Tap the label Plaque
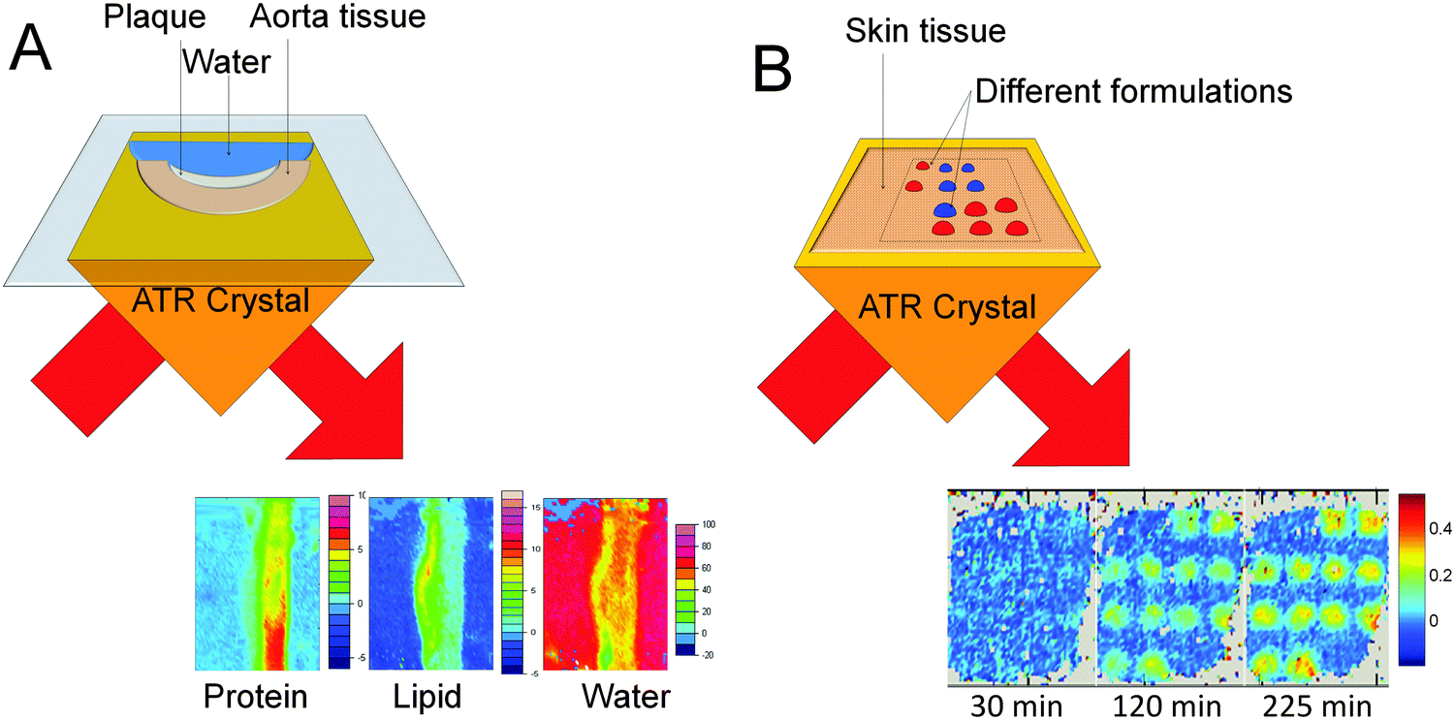point(144,16)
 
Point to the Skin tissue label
point(925,32)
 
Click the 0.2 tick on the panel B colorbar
point(1436,576)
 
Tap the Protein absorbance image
point(257,583)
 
